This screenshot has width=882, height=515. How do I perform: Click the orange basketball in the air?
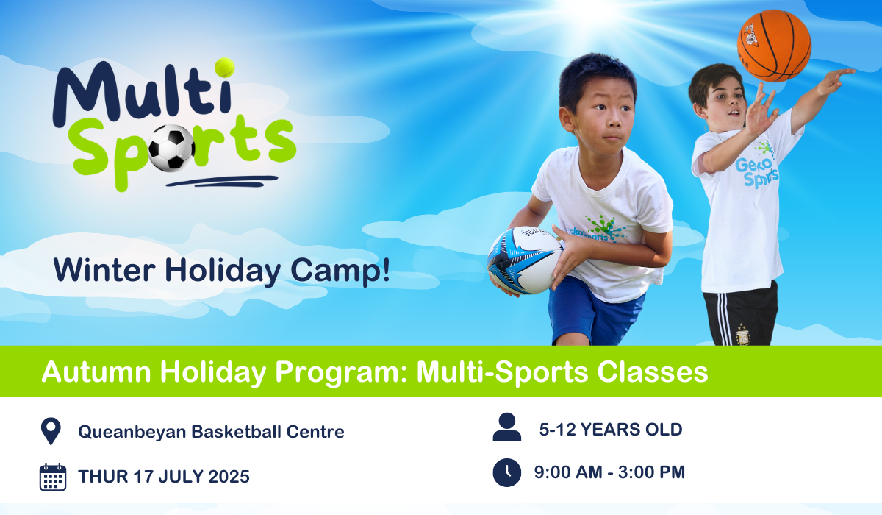[x=774, y=46]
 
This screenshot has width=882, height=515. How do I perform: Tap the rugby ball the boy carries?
[x=526, y=260]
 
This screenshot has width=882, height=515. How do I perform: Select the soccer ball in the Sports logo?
[x=172, y=148]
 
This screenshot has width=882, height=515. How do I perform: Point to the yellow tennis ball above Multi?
[x=224, y=68]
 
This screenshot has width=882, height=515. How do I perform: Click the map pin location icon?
[x=51, y=431]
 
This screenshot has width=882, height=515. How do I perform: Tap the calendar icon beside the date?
[x=53, y=477]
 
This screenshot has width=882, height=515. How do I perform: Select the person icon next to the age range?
[x=506, y=427]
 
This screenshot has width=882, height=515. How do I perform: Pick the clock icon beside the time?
[x=506, y=472]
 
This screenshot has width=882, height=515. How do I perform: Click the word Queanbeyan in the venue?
[x=132, y=433]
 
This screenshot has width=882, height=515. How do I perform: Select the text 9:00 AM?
[x=568, y=472]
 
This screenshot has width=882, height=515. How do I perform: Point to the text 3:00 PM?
[x=652, y=472]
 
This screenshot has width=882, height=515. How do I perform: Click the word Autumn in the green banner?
[x=96, y=372]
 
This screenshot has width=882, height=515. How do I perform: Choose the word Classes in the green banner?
[x=653, y=372]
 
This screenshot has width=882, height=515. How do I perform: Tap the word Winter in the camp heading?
[x=104, y=270]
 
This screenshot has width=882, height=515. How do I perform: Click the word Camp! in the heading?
[x=340, y=271]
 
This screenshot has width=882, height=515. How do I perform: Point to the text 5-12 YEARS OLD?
[x=611, y=430]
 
